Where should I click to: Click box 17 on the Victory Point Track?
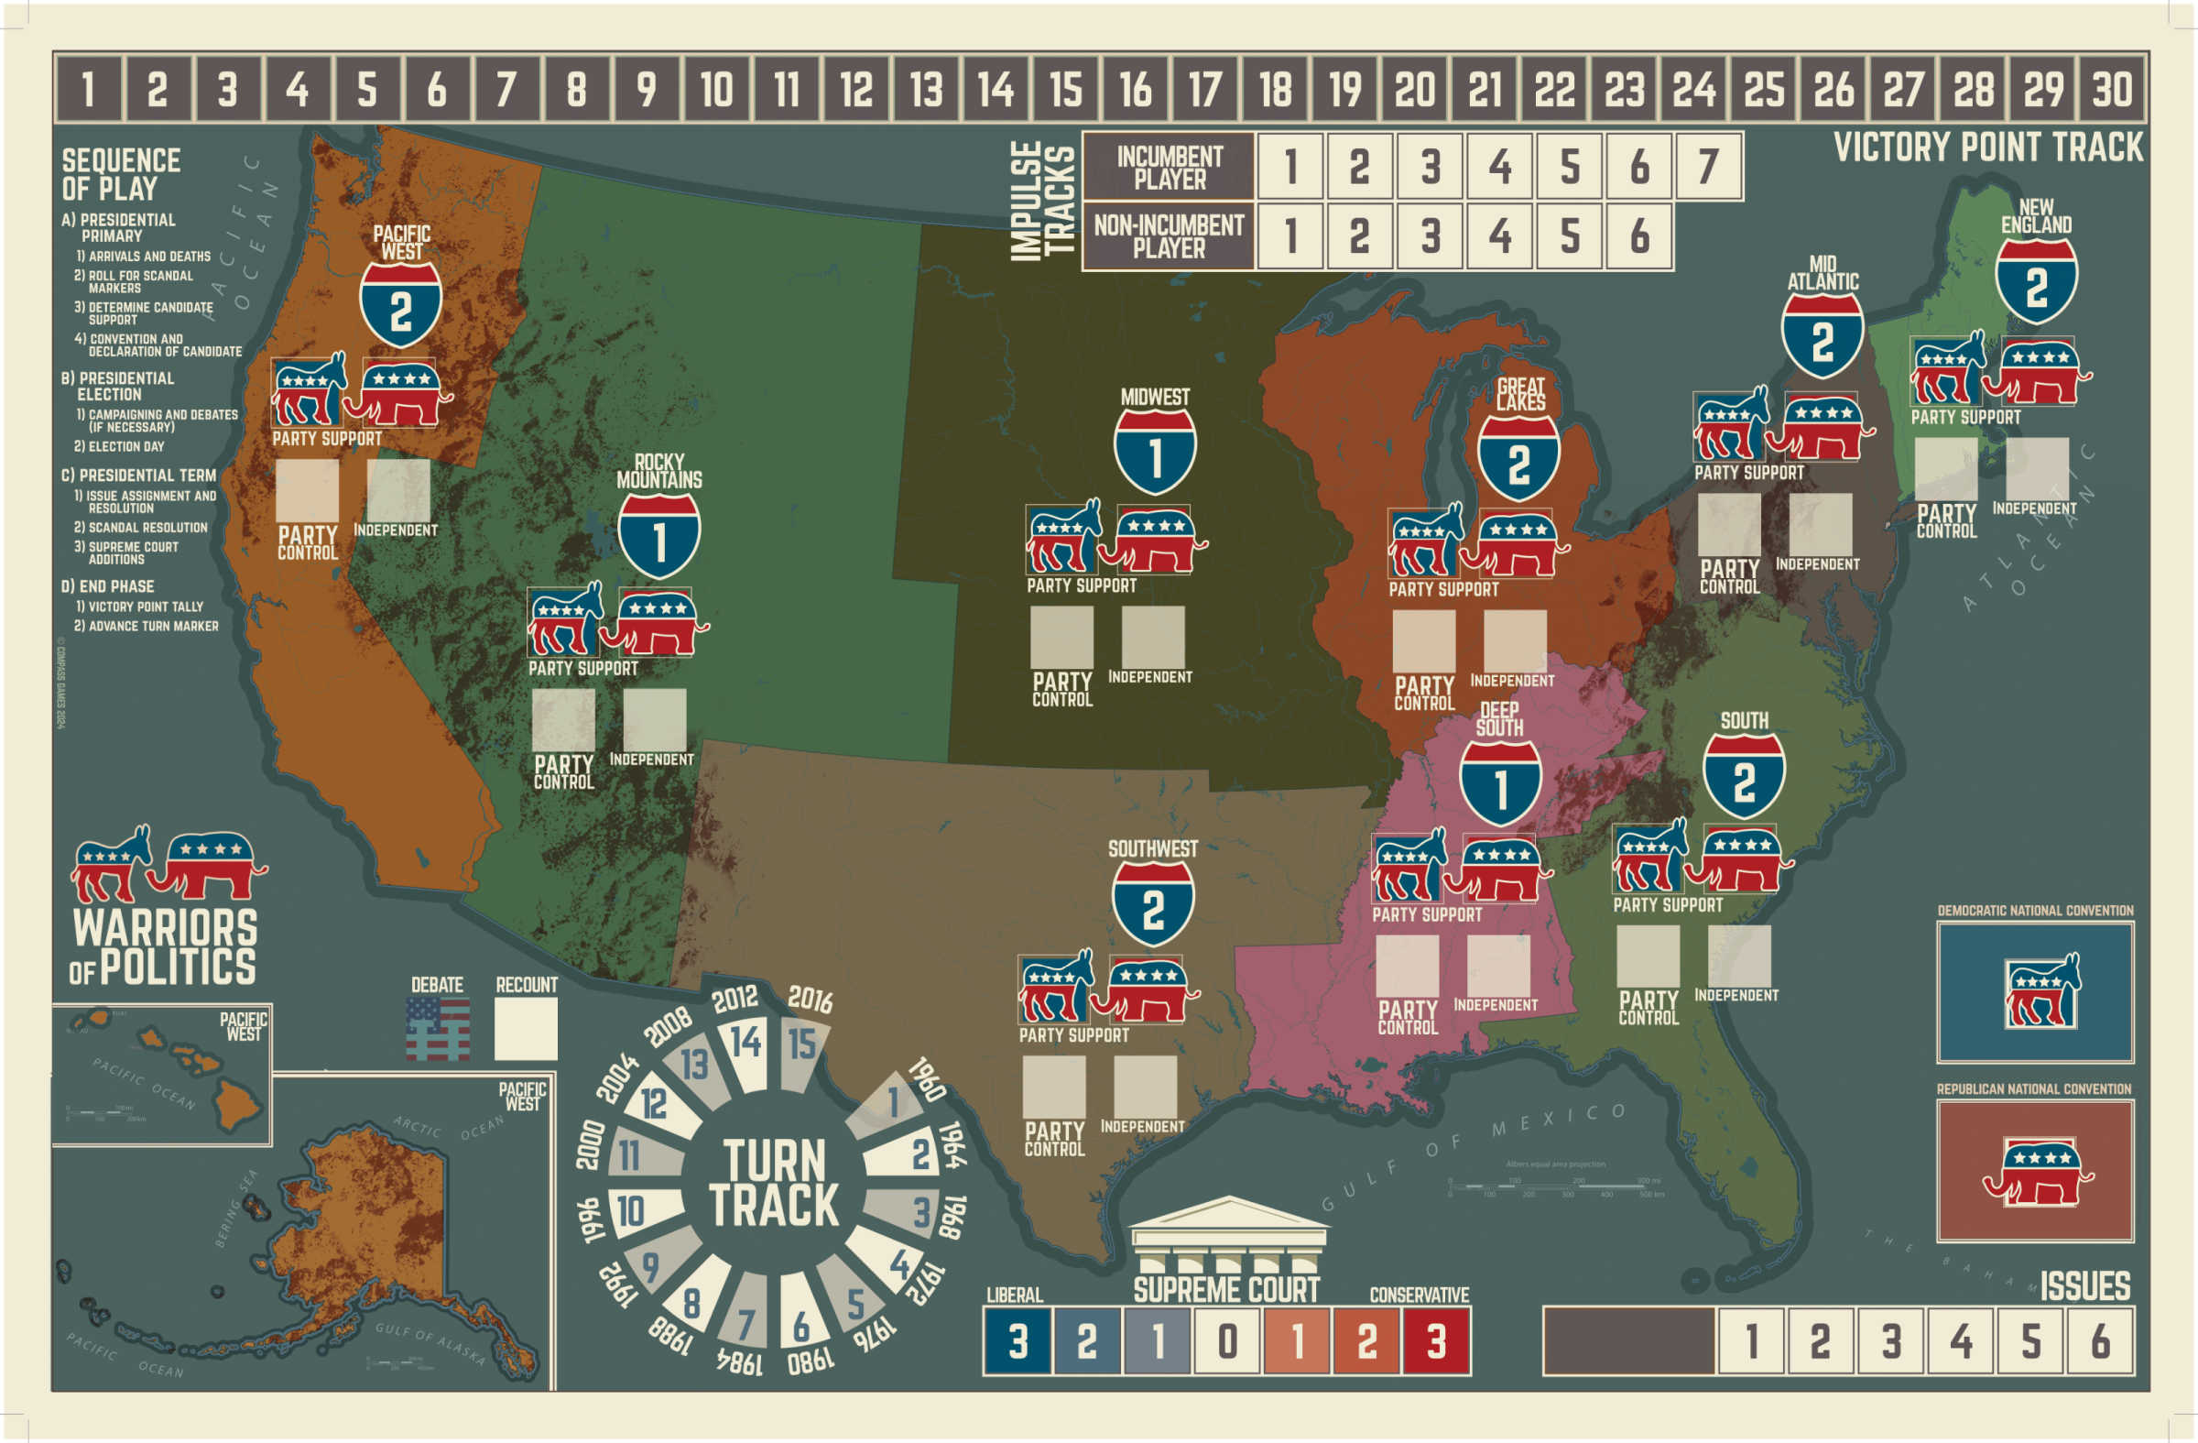1205,89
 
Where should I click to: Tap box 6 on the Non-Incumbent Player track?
1639,236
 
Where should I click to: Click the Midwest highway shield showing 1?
1155,453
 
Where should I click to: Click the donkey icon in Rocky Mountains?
564,620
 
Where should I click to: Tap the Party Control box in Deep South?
1407,967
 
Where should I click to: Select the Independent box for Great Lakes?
1515,640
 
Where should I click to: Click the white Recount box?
526,1029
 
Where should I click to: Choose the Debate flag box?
438,1029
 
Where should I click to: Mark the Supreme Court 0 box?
1227,1340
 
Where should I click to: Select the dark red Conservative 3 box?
1436,1340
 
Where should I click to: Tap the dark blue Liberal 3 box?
1017,1340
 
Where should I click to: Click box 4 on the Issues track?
1962,1340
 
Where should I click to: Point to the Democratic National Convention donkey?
2043,992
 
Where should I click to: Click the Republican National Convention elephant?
2038,1173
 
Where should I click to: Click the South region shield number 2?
1744,781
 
